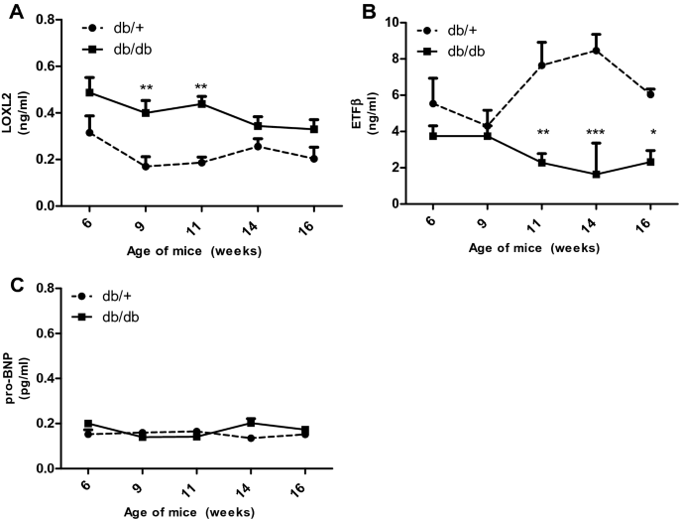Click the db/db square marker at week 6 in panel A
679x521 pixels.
coord(90,92)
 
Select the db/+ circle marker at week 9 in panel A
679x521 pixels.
coord(146,166)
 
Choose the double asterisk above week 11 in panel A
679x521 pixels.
coord(201,87)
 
